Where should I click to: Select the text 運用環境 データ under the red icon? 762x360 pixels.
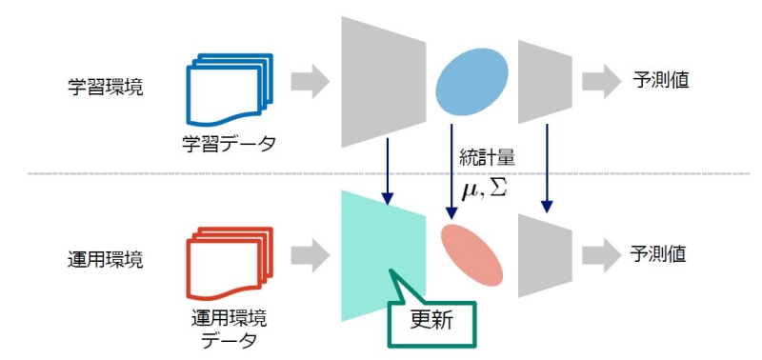pos(228,324)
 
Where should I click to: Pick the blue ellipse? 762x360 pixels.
pos(471,83)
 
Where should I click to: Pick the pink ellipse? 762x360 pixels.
pos(471,255)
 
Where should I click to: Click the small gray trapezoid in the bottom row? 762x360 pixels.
pos(544,254)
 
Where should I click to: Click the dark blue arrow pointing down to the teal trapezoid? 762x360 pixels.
pos(387,171)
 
